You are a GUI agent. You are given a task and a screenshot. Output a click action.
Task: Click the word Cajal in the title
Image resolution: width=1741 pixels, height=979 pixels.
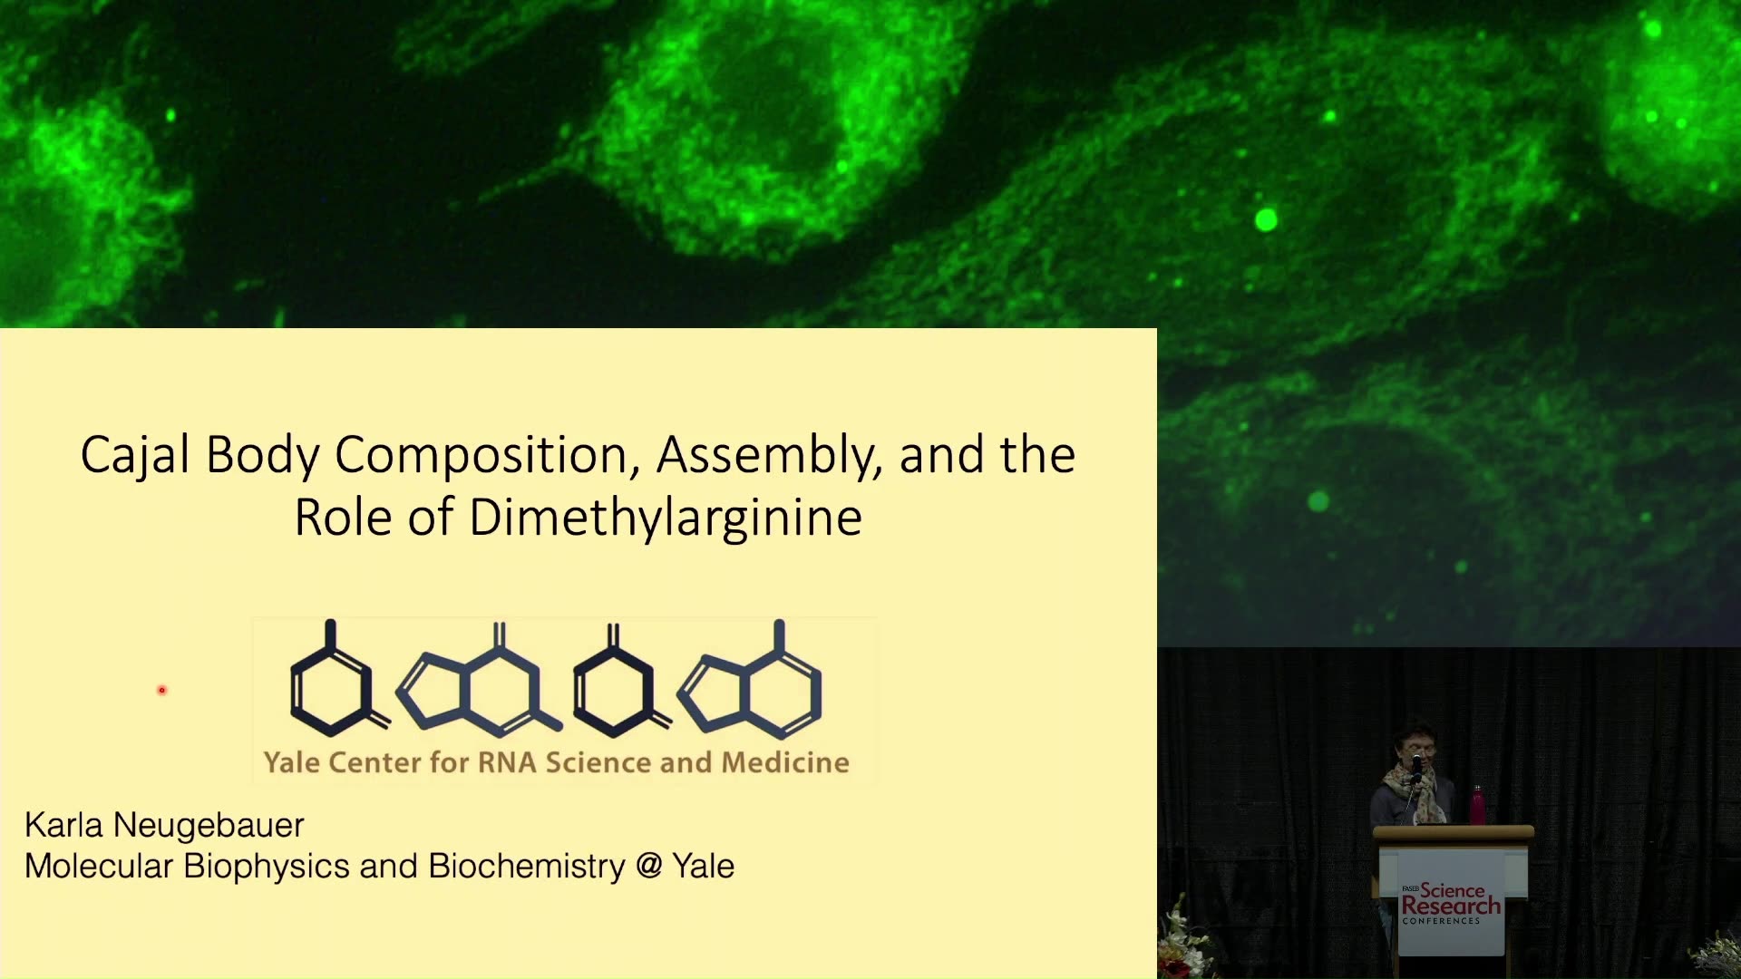[x=135, y=456]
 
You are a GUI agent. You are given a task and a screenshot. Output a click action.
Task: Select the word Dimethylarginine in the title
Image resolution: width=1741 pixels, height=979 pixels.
[x=666, y=519]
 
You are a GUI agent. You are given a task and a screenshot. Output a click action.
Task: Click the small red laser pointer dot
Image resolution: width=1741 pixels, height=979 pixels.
[x=162, y=691]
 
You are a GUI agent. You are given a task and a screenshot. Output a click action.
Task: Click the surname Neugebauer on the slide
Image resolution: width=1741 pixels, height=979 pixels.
[x=209, y=826]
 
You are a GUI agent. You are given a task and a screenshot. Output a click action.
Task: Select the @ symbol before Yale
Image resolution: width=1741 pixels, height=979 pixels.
[x=649, y=867]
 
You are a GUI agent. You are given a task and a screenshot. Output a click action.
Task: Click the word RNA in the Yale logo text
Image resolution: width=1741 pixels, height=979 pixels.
[x=507, y=762]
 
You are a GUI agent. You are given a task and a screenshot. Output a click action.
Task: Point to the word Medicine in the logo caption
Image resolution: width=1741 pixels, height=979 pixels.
[x=785, y=762]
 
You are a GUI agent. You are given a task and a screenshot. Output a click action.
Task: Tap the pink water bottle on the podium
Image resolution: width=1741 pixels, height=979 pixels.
[x=1477, y=805]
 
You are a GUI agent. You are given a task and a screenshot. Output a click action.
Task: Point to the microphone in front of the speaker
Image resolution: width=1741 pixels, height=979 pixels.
[x=1416, y=767]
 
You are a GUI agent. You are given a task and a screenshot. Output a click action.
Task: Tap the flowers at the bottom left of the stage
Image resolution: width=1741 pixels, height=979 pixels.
[x=1183, y=943]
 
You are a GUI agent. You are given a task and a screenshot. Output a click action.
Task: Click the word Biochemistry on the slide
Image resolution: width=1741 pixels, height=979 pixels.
[x=527, y=867]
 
